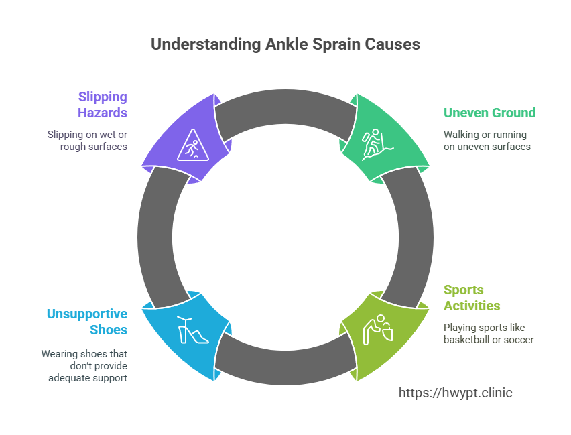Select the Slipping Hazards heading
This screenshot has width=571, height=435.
[103, 105]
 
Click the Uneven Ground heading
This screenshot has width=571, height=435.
[489, 113]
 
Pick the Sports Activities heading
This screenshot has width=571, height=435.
[472, 298]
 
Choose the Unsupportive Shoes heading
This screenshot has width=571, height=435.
[87, 322]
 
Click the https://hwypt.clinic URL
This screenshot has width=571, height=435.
[455, 393]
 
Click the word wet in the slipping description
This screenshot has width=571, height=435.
[106, 135]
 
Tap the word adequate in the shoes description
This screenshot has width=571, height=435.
[71, 377]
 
